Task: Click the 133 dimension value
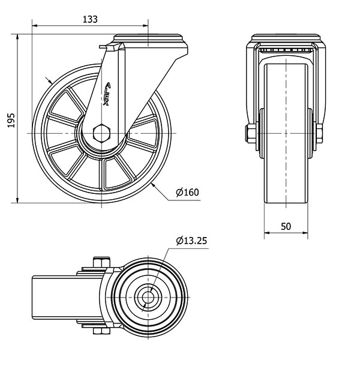click(x=90, y=19)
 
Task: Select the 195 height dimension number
click(x=11, y=120)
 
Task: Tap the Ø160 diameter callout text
click(x=188, y=193)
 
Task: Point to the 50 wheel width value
click(x=286, y=226)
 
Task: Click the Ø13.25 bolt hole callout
click(x=191, y=241)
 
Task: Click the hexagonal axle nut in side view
click(x=101, y=134)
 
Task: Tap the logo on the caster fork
click(x=107, y=94)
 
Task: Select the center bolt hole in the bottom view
click(x=148, y=297)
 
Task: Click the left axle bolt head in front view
click(x=250, y=134)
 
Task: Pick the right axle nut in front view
click(x=319, y=134)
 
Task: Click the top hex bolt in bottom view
click(x=101, y=262)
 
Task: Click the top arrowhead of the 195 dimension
click(x=17, y=37)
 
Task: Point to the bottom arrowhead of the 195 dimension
click(x=17, y=200)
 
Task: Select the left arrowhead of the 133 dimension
click(x=35, y=25)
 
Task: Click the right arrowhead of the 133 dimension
click(x=145, y=25)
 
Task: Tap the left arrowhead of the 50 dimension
click(x=267, y=233)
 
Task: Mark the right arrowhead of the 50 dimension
click(x=305, y=233)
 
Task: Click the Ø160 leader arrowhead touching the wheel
click(x=153, y=185)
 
